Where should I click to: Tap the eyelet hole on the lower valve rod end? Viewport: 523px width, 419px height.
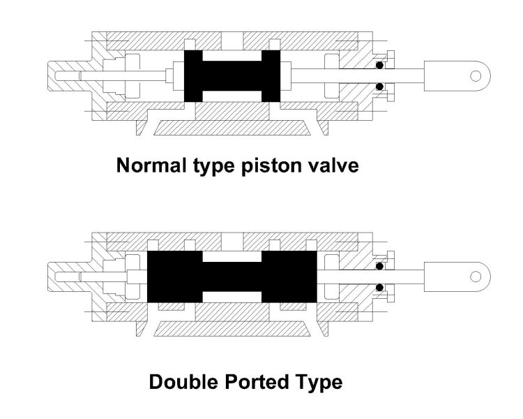point(476,276)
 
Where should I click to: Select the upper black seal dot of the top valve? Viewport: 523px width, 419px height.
point(379,65)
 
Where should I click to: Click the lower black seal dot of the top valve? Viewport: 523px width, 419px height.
point(379,87)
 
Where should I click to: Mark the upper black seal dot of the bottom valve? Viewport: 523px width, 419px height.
point(379,266)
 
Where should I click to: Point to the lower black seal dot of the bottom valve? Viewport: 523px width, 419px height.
point(379,287)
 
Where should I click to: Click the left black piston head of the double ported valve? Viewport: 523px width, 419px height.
point(174,277)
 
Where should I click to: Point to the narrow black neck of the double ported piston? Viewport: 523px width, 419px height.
point(232,277)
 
